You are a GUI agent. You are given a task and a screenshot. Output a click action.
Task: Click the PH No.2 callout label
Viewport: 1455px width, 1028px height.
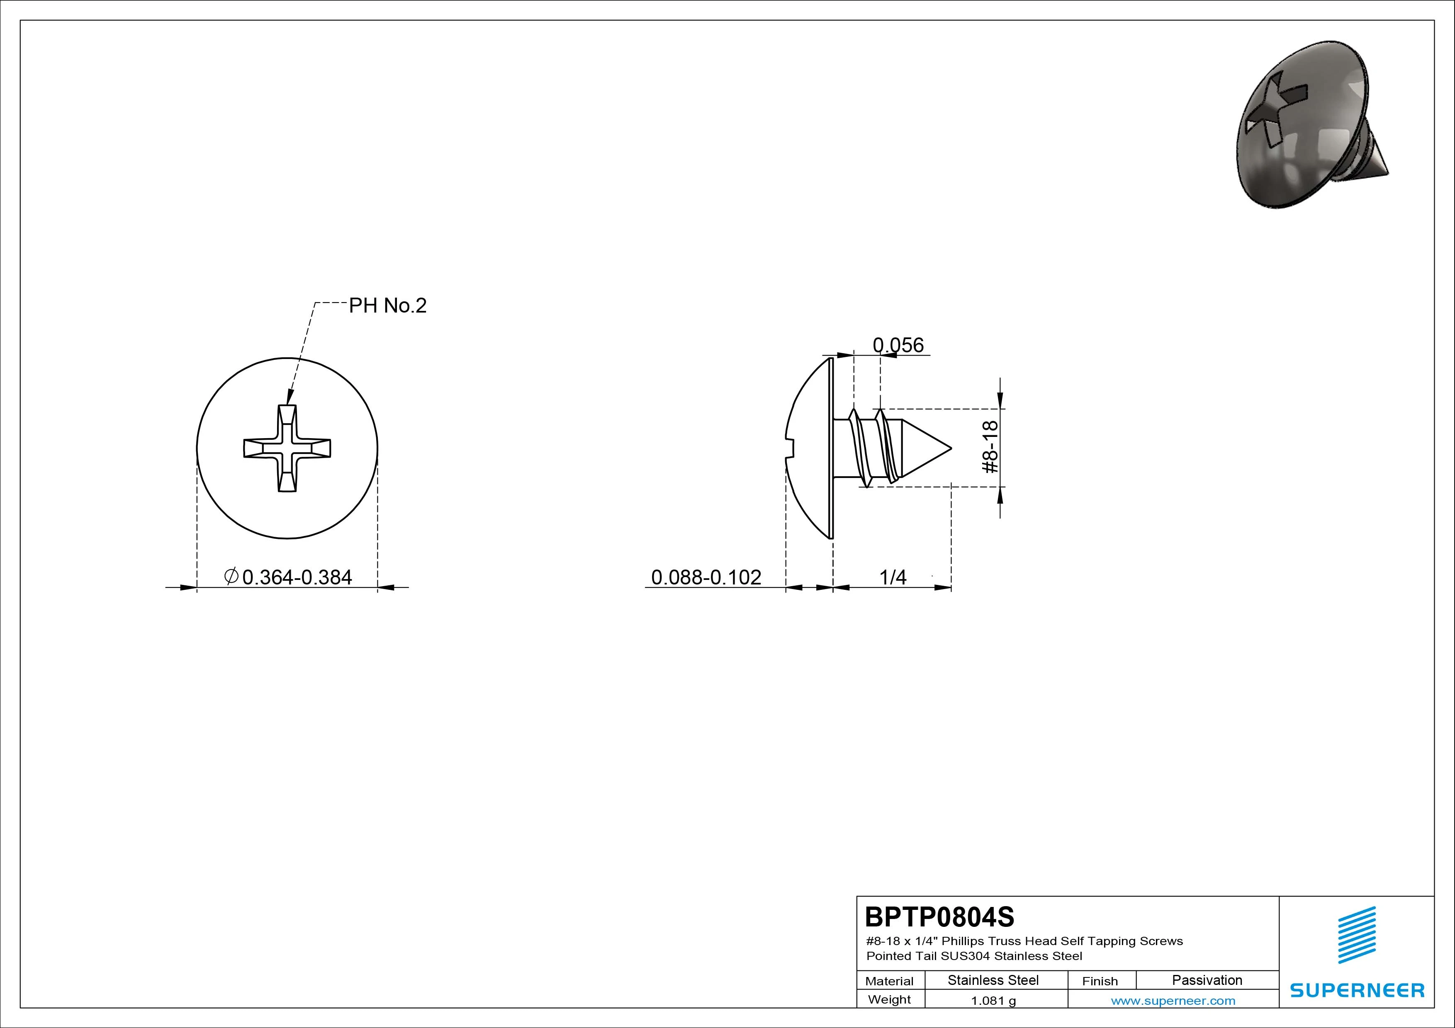[x=388, y=306]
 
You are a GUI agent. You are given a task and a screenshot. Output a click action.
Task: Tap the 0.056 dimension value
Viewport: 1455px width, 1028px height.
[x=898, y=345]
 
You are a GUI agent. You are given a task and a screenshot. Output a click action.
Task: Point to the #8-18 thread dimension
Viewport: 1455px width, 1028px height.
[x=990, y=447]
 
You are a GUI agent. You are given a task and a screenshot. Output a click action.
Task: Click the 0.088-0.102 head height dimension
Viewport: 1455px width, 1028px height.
[x=706, y=577]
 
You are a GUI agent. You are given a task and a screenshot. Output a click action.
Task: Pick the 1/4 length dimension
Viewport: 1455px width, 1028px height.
[x=893, y=577]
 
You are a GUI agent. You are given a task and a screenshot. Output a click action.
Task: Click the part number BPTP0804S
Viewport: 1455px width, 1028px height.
[x=939, y=916]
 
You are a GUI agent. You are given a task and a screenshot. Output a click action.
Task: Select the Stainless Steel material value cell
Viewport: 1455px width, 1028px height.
[x=993, y=980]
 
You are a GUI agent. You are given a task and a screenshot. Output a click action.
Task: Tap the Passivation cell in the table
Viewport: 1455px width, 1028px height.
[x=1207, y=980]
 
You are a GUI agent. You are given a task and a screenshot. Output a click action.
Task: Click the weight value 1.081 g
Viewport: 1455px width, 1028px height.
[x=993, y=1001]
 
